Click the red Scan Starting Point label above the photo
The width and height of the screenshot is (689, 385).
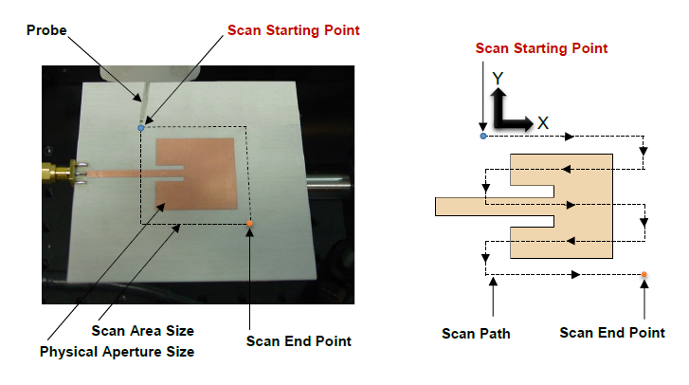tap(294, 30)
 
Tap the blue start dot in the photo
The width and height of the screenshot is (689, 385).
tap(141, 127)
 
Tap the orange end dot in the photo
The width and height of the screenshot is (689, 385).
tap(250, 224)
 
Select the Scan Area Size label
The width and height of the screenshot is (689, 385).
tap(142, 331)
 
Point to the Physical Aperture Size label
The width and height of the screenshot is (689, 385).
tap(117, 352)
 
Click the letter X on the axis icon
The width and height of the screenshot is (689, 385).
tap(543, 122)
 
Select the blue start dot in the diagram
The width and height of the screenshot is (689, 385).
tap(483, 137)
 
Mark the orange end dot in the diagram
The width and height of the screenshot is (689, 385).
tap(644, 275)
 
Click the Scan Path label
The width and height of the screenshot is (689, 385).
tap(476, 333)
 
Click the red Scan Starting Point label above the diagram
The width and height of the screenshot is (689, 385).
tap(541, 48)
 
